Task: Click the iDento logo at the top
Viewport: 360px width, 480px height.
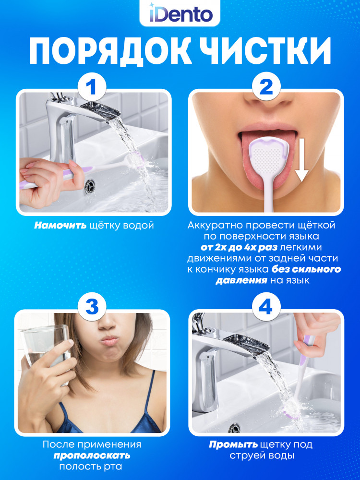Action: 180,14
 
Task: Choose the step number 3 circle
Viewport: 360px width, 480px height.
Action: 92,306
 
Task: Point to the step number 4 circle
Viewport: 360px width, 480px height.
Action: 265,306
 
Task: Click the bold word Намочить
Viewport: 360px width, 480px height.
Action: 60,226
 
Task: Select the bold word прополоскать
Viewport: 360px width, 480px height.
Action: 92,456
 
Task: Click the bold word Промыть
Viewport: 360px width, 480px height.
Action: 233,444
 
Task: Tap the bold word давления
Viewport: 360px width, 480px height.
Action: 241,281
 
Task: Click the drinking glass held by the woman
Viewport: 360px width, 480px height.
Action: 46,352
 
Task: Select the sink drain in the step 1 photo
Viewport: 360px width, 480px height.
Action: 90,186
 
